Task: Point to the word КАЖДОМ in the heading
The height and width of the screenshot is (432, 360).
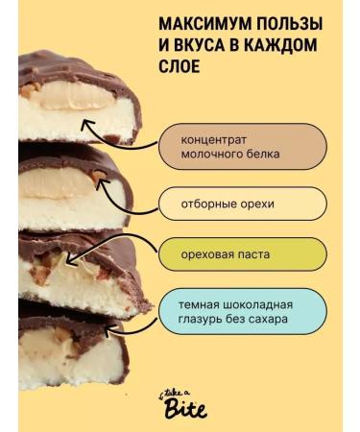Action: (x=289, y=46)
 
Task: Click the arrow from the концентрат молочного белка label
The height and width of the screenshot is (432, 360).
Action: (x=110, y=134)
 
